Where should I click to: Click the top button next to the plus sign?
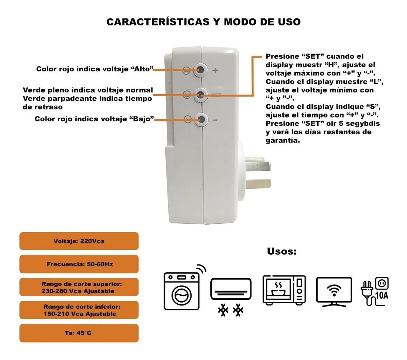[201, 69]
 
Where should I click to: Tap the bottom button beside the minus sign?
[201, 120]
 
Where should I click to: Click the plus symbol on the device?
[215, 70]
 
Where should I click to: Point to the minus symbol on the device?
[215, 120]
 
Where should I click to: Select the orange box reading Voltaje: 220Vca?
[79, 241]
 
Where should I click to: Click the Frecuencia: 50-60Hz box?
[79, 264]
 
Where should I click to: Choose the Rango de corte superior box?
[79, 287]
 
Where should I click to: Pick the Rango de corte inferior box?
[79, 310]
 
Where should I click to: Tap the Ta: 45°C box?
[79, 333]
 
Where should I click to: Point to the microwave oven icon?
[284, 290]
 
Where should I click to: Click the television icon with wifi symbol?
[334, 292]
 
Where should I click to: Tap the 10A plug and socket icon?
[375, 291]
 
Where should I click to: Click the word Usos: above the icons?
[282, 251]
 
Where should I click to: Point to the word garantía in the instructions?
[283, 141]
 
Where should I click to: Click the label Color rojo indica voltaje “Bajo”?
[94, 119]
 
